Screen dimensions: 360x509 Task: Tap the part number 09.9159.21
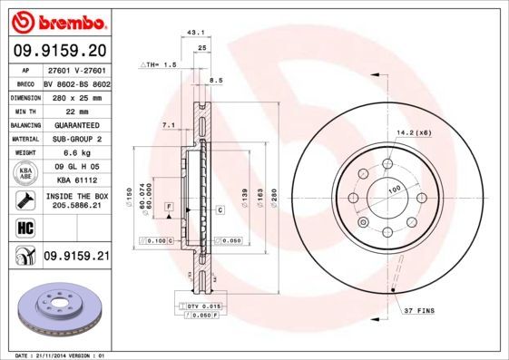[76, 258]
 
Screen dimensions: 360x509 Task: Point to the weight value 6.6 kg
[76, 153]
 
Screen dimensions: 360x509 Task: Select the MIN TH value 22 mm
[76, 111]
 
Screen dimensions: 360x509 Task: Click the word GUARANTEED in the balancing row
[76, 125]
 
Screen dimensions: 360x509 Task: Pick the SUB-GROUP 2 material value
[76, 139]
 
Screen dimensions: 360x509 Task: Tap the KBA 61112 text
[76, 180]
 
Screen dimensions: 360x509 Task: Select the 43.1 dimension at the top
[193, 33]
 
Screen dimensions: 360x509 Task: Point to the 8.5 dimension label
[216, 81]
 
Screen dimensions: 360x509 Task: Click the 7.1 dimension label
[167, 124]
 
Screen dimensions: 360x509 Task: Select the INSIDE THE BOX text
[76, 196]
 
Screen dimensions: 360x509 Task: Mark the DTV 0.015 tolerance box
[204, 308]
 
